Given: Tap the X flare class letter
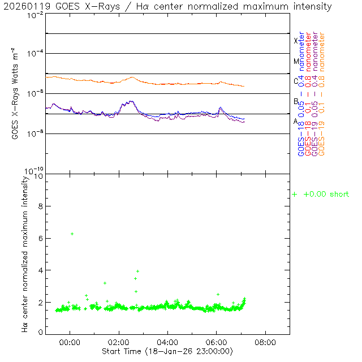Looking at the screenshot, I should (296, 41).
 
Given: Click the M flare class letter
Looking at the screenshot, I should (296, 61).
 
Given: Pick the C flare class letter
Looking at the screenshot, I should (296, 81).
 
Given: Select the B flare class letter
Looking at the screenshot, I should (296, 101).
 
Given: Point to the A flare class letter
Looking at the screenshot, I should (296, 121).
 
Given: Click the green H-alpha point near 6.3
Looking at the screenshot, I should (72, 234).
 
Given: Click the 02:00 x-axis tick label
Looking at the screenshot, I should (119, 342).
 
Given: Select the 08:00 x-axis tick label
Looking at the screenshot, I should (266, 342).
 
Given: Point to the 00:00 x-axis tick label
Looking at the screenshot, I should (70, 342).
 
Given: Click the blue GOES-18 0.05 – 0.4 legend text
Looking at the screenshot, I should (301, 93).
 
